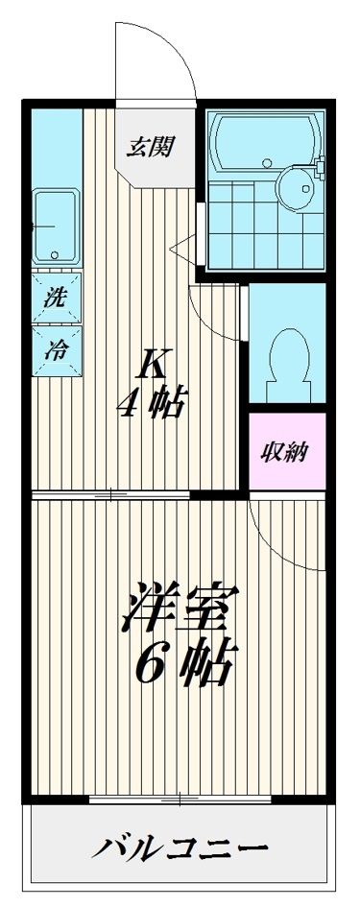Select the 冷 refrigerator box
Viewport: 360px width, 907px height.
[x=55, y=350]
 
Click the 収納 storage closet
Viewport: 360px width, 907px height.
[x=287, y=452]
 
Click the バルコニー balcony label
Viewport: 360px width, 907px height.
[x=180, y=849]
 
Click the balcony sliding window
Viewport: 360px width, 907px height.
[x=182, y=799]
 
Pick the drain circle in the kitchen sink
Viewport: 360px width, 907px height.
[x=55, y=255]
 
